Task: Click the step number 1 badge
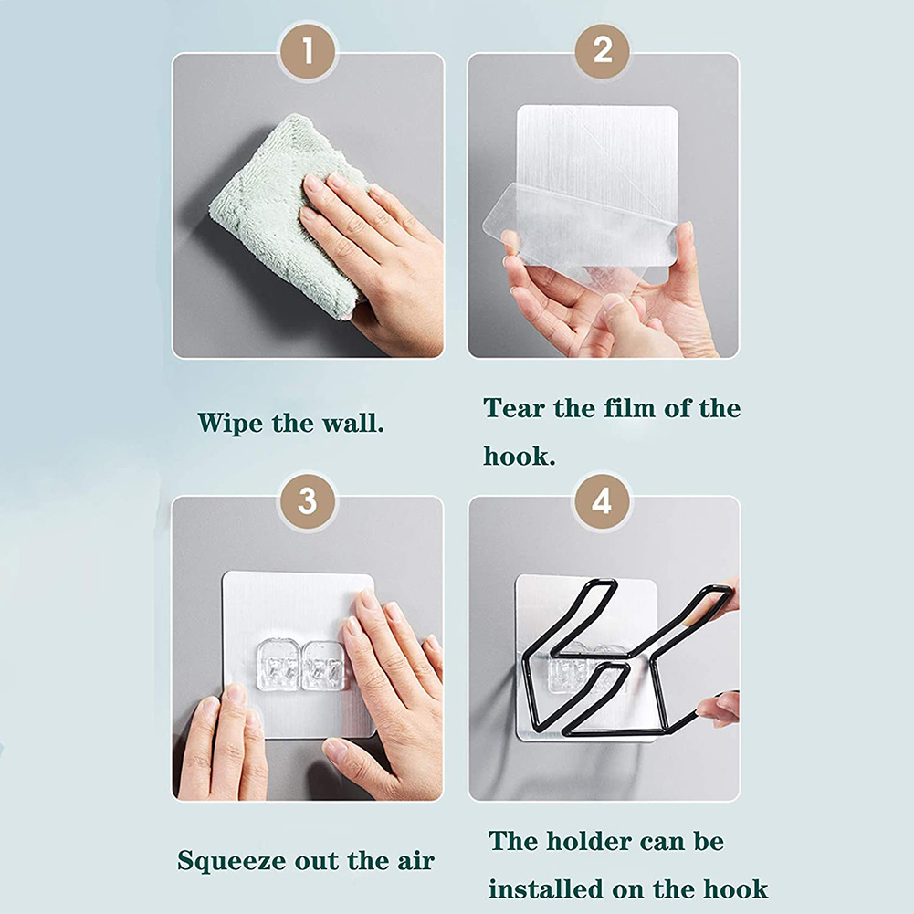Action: click(x=307, y=52)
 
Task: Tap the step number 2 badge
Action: click(x=602, y=51)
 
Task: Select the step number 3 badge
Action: click(x=307, y=501)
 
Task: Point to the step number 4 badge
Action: click(x=602, y=501)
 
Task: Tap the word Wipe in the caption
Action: click(x=230, y=423)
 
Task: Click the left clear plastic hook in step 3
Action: click(x=278, y=665)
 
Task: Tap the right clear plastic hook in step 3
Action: click(x=323, y=666)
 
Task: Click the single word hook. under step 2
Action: click(x=520, y=456)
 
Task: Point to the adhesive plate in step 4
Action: click(x=586, y=657)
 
